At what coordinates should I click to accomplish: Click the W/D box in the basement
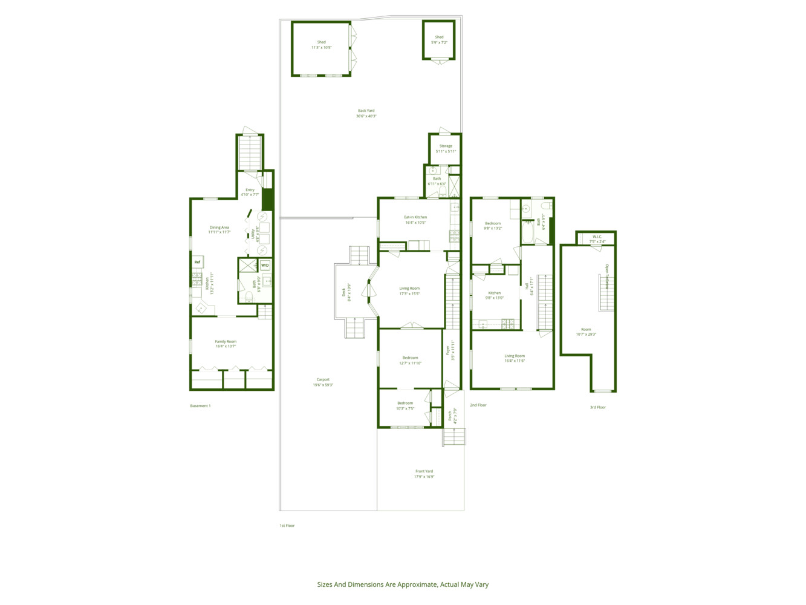point(265,266)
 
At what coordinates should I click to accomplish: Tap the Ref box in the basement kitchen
point(197,262)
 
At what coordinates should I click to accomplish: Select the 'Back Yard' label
point(366,111)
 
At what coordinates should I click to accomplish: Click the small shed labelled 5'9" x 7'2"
point(439,40)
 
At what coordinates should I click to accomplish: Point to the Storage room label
point(446,146)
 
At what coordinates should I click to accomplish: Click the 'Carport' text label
point(323,380)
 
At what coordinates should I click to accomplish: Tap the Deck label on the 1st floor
point(344,292)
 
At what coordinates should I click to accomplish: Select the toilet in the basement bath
point(249,296)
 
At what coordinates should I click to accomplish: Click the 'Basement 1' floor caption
point(200,406)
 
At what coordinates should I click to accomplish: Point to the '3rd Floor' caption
point(597,407)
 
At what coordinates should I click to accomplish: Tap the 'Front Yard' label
point(424,471)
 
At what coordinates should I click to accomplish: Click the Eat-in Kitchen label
point(415,217)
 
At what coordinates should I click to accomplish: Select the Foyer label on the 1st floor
point(448,350)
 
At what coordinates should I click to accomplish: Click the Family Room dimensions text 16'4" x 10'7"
point(226,347)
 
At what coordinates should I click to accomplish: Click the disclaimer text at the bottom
point(403,584)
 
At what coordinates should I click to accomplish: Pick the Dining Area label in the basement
point(219,227)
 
